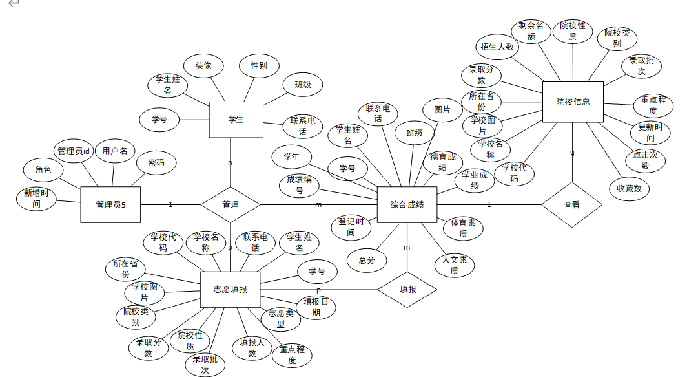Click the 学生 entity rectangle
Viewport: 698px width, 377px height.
point(236,120)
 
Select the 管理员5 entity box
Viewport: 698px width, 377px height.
point(110,205)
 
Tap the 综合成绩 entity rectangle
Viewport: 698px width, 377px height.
point(407,205)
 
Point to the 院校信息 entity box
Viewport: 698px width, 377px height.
point(573,102)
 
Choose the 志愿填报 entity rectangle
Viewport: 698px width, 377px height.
point(230,290)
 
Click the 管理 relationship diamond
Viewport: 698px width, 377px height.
point(230,205)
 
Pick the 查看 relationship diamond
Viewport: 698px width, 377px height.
point(571,205)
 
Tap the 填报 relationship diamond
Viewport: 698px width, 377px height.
point(407,289)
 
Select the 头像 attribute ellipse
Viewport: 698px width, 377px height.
point(203,65)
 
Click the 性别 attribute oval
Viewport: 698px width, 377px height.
point(259,65)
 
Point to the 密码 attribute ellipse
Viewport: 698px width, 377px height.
point(156,163)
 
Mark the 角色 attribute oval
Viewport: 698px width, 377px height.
point(43,170)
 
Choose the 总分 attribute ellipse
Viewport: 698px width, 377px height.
point(367,260)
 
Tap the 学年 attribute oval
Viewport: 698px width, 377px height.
point(291,156)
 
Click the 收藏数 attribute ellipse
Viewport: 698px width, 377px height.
point(629,188)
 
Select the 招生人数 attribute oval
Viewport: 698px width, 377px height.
point(497,47)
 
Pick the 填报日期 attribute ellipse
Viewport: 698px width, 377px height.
point(316,307)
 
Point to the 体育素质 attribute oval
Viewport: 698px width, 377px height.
point(463,228)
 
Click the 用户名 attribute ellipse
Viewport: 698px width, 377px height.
point(115,151)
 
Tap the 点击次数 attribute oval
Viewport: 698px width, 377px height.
point(645,160)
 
